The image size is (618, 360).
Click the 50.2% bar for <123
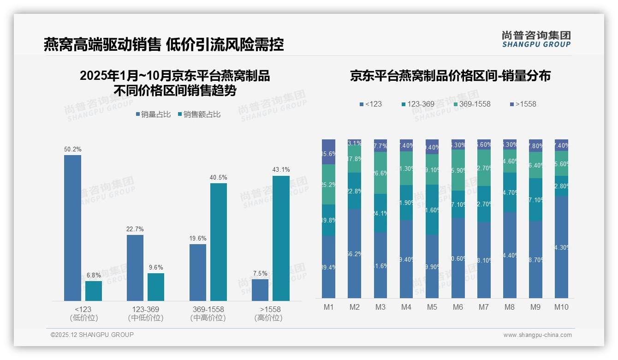tap(72, 228)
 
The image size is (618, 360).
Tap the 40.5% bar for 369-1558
tap(219, 242)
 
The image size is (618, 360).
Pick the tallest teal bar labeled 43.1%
tap(281, 238)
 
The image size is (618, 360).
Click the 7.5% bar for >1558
tap(260, 290)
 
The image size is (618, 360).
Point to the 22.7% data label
tap(135, 229)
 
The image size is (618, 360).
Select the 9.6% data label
tap(156, 267)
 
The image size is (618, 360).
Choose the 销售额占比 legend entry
tap(199, 114)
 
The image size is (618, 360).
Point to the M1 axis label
tap(328, 307)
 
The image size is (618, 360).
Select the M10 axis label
tap(561, 307)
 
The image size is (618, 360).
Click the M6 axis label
tap(458, 307)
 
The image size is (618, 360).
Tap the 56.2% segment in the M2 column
tap(355, 253)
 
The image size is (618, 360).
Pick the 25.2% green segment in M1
tap(328, 185)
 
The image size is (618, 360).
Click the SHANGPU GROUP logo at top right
tap(536, 39)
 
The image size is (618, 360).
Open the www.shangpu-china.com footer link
tap(537, 335)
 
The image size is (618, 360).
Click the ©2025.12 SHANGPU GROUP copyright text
tap(92, 335)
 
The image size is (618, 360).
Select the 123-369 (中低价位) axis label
tap(145, 313)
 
